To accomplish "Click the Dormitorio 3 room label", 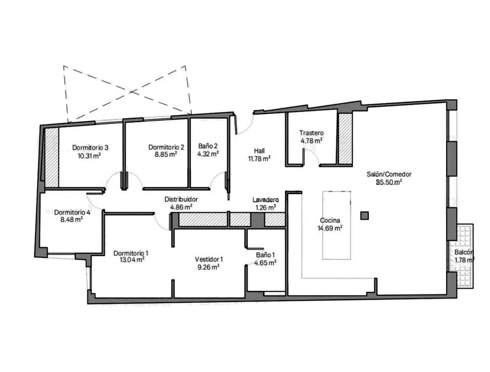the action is pos(90,148).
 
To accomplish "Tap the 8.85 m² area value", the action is pos(166,154).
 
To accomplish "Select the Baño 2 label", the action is pos(208,146).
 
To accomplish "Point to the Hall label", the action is pos(259,151).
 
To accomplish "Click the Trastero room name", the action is pos(311,133).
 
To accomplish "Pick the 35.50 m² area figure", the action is pos(389,182).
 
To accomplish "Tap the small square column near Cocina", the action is pos(364,216).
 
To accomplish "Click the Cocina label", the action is pos(330,220).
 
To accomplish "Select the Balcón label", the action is pos(464,252).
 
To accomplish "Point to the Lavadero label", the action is pos(266,200).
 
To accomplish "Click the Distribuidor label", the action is pos(181,199).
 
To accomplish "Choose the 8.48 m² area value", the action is pos(71,220).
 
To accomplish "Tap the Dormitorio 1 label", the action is pos(131,253).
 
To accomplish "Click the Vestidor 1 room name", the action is pos(209,259).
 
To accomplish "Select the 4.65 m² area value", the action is pos(265,263).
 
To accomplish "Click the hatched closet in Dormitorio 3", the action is pos(52,157).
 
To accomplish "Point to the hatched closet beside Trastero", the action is pos(345,139).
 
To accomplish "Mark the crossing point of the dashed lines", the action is pos(131,92).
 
